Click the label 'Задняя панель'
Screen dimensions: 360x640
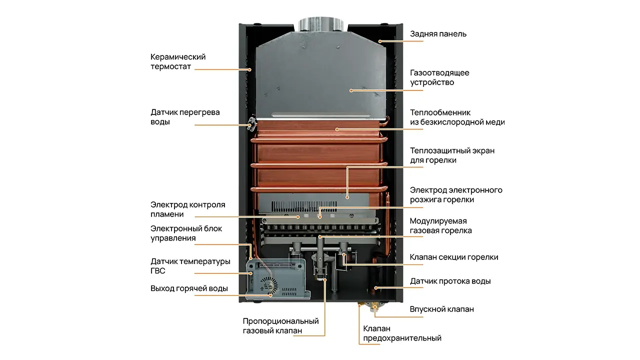pyautogui.click(x=438, y=34)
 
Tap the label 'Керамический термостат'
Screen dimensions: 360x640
pyautogui.click(x=178, y=61)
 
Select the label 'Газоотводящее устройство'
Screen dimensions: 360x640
pyautogui.click(x=439, y=77)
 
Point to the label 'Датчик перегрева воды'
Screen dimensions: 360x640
pyautogui.click(x=185, y=117)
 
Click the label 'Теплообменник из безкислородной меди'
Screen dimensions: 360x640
pyautogui.click(x=457, y=117)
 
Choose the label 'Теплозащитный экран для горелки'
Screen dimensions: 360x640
pyautogui.click(x=452, y=155)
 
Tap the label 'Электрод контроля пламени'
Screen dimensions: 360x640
pyautogui.click(x=187, y=209)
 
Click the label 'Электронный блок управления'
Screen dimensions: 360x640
pyautogui.click(x=186, y=233)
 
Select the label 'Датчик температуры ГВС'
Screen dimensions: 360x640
pyautogui.click(x=190, y=266)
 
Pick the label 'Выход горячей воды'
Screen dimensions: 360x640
pyautogui.click(x=189, y=288)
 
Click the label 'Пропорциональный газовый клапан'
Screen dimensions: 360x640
pyautogui.click(x=280, y=325)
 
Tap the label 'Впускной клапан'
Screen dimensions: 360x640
pyautogui.click(x=441, y=309)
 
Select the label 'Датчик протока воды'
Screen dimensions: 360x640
pyautogui.click(x=450, y=281)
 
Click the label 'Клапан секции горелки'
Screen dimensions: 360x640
pyautogui.click(x=453, y=257)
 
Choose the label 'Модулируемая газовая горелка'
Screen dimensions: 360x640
pyautogui.click(x=440, y=225)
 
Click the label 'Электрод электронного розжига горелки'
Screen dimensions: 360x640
pyautogui.click(x=455, y=194)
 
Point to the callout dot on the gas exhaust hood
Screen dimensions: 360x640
pyautogui.click(x=351, y=90)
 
